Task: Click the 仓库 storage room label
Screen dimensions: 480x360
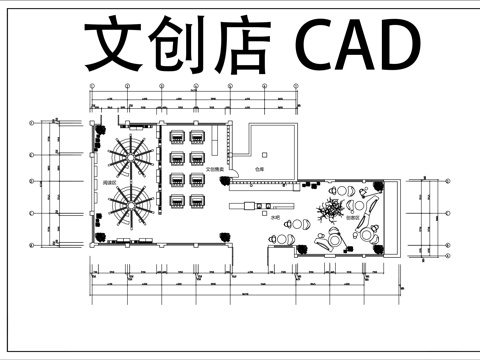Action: point(258,171)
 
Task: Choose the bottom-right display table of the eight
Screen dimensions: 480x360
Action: point(197,201)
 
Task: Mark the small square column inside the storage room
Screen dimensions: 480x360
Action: point(263,155)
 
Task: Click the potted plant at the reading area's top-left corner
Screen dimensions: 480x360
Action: point(101,129)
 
